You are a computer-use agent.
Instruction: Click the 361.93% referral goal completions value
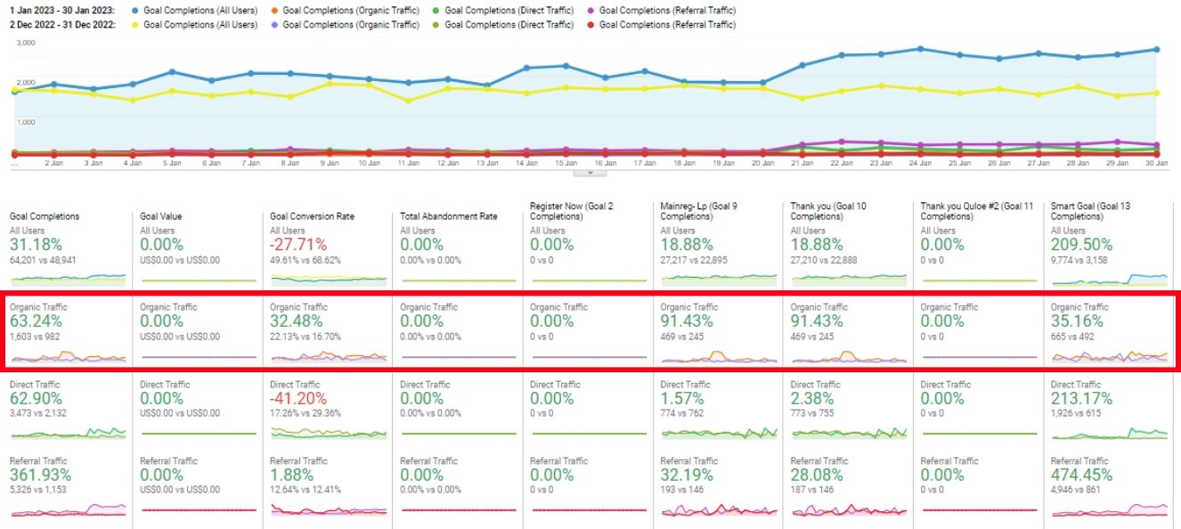(40, 475)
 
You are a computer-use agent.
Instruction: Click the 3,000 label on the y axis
(25, 43)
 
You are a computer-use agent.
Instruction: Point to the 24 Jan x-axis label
(919, 164)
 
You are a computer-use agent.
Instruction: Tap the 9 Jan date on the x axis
(330, 164)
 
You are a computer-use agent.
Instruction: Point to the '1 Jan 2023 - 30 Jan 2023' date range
(63, 10)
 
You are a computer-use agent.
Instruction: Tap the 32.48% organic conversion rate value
(299, 321)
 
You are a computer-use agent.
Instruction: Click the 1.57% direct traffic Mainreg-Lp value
(681, 398)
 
